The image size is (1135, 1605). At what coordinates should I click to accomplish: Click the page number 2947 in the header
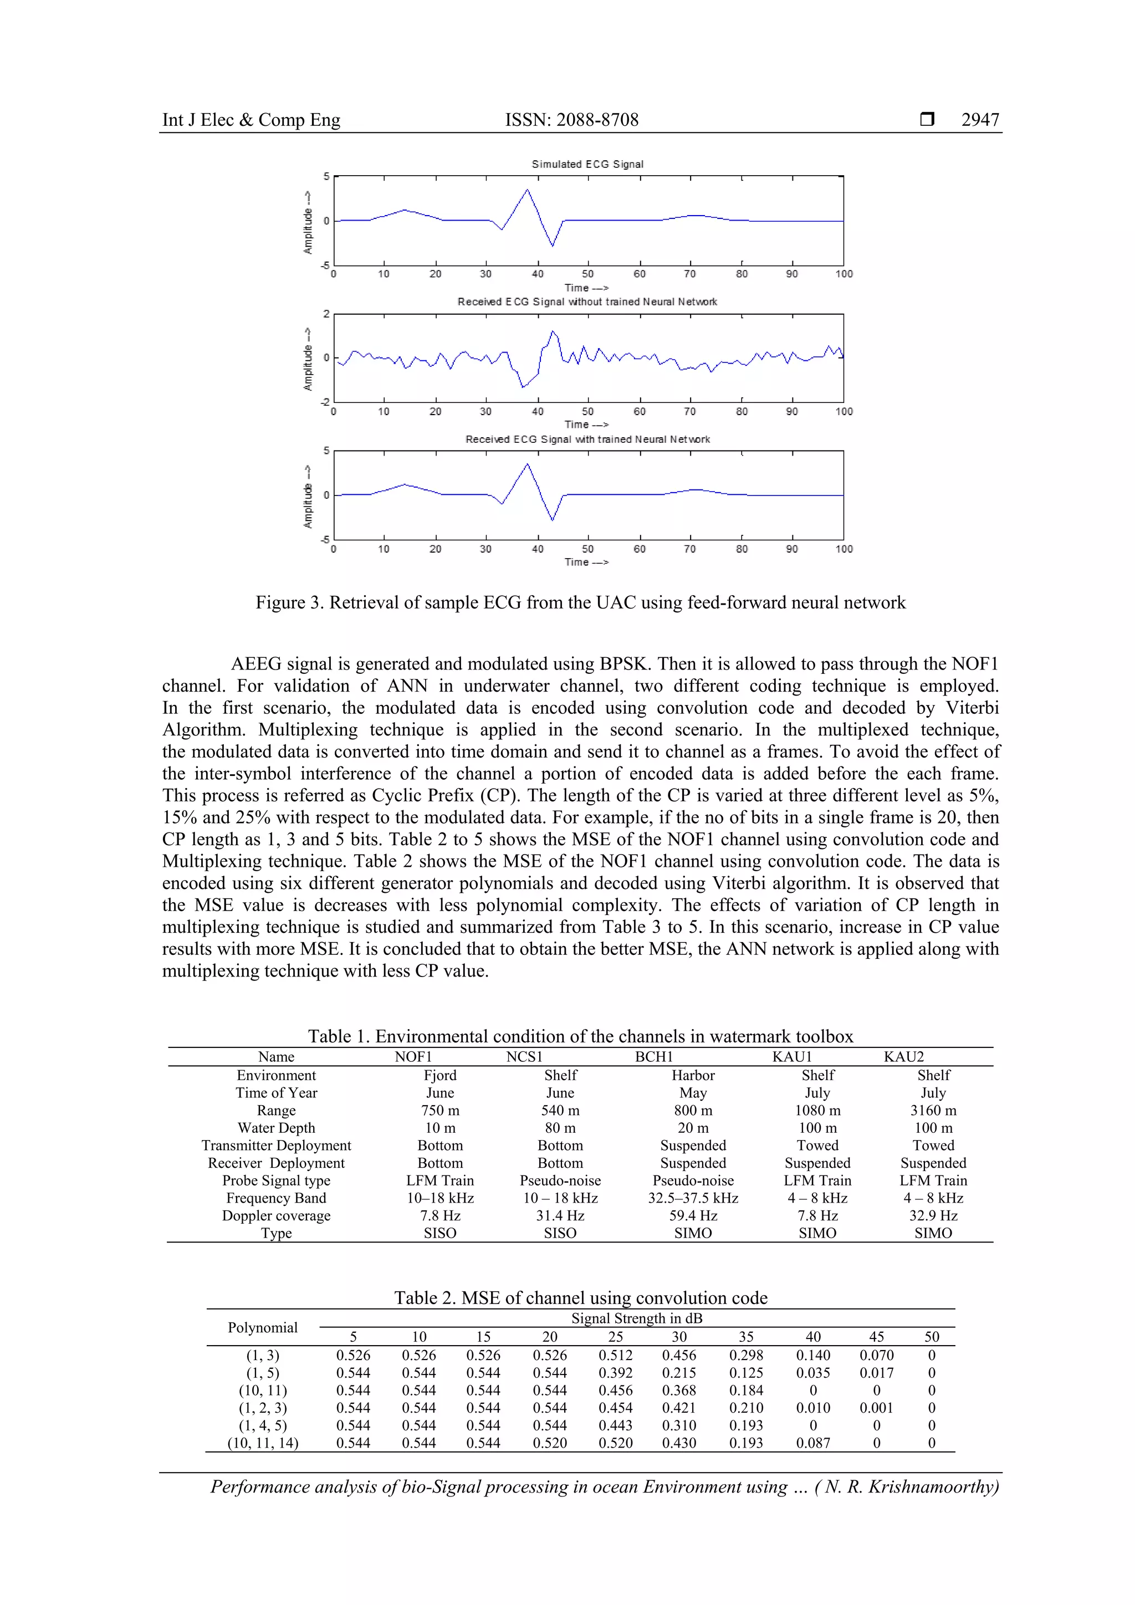[x=980, y=120]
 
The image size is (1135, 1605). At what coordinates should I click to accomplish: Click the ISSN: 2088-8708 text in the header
[x=572, y=120]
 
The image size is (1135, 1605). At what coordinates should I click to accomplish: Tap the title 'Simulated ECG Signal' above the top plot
[x=587, y=164]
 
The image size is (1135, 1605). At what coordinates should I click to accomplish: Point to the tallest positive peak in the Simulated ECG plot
[x=527, y=190]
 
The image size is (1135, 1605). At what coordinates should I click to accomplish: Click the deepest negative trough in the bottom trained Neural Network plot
[x=552, y=519]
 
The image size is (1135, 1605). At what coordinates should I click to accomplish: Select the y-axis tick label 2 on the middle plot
[x=326, y=314]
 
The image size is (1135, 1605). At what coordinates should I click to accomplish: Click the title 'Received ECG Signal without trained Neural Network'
[x=587, y=302]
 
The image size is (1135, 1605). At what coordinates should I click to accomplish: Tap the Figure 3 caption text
[x=580, y=602]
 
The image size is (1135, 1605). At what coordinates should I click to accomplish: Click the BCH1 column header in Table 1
[x=653, y=1057]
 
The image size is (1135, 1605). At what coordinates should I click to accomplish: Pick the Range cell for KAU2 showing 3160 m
[x=933, y=1110]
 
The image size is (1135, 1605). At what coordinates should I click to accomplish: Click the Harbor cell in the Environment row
[x=693, y=1075]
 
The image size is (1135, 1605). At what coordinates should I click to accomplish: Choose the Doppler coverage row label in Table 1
[x=276, y=1215]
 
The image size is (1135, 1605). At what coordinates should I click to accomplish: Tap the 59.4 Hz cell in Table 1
[x=693, y=1215]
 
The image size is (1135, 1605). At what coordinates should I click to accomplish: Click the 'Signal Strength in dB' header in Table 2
[x=636, y=1318]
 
